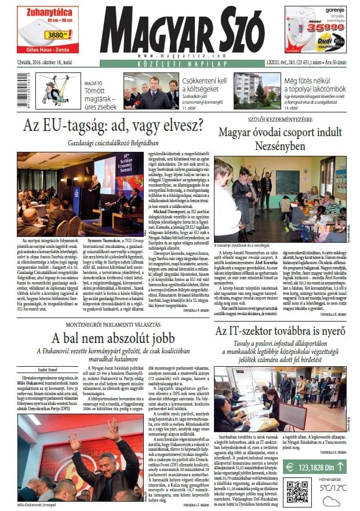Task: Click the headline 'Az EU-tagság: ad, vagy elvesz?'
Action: [113, 125]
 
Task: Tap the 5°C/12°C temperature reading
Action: [332, 488]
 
